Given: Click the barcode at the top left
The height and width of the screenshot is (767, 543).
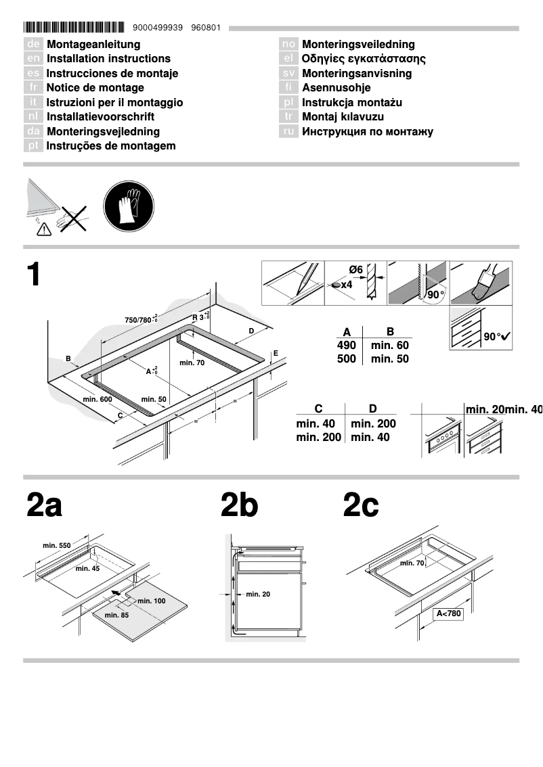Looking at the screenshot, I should tap(74, 28).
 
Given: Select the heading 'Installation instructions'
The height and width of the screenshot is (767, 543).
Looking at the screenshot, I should tap(108, 59).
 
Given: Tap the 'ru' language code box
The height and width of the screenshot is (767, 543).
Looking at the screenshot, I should tap(289, 131).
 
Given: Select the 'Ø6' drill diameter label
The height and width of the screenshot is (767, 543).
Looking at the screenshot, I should tap(355, 270).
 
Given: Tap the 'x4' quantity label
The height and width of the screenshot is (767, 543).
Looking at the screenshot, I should tap(346, 285).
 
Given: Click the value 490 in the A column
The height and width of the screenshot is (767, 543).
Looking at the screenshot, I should tap(346, 345).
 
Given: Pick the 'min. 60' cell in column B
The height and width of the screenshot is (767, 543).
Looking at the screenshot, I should tap(389, 345).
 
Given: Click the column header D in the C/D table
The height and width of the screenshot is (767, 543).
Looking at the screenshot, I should tap(372, 409).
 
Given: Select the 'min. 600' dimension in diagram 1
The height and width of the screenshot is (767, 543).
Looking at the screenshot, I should tap(97, 400).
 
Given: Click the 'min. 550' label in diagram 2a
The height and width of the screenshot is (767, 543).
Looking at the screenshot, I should tap(56, 545).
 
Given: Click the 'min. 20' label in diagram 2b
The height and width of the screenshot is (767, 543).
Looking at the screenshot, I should tap(257, 594).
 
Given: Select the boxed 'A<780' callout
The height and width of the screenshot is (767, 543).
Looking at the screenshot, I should tap(448, 614).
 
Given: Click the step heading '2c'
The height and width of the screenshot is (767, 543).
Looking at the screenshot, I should tap(361, 506).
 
